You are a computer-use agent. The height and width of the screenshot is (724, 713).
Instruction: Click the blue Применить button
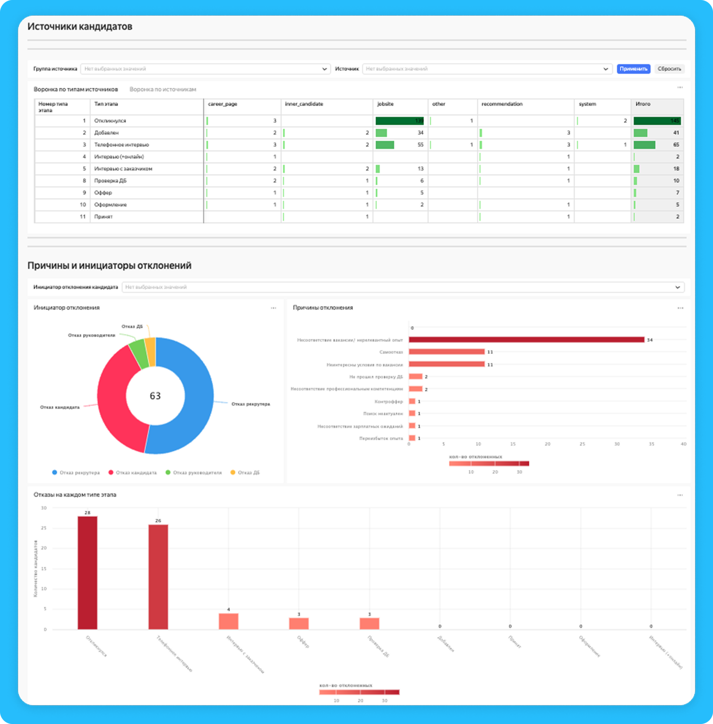[x=633, y=69]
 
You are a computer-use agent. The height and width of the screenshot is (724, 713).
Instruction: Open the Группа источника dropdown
[x=205, y=69]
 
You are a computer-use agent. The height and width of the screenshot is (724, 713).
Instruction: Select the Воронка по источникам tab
[x=163, y=89]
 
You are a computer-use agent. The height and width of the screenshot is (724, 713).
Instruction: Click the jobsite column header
[x=385, y=104]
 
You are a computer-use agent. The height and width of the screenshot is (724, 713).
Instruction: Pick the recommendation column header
[x=502, y=104]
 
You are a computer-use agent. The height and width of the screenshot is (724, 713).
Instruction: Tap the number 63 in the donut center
[x=155, y=396]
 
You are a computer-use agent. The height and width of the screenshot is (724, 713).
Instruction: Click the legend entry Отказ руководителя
[x=197, y=473]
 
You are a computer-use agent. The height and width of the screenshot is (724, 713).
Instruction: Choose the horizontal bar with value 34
[x=526, y=340]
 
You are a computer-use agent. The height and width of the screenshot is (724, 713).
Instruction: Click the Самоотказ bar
[x=446, y=352]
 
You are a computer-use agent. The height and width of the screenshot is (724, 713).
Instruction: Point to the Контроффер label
[x=388, y=402]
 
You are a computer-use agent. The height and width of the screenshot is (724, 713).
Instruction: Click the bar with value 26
[x=158, y=577]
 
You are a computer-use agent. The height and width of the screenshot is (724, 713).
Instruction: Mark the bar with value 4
[x=228, y=621]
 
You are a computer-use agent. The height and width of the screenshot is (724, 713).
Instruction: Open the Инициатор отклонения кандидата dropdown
[x=403, y=287]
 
